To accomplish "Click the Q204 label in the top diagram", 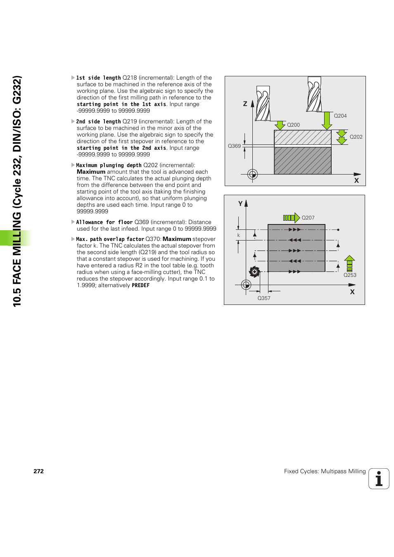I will coord(340,116).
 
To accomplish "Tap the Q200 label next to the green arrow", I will coord(293,125).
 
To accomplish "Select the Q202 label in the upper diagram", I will coord(356,137).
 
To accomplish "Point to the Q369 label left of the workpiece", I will coord(234,146).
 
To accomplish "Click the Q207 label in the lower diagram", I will coord(308,218).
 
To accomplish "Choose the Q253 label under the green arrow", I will coord(350,275).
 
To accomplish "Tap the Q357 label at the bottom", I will coord(264,298).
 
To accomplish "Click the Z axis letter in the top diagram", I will coord(245,104).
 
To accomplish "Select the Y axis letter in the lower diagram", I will coord(240,204).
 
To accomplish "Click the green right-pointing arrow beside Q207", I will coord(291,218).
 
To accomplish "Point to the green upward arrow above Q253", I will coord(349,263).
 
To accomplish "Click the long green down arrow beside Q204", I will coord(327,120).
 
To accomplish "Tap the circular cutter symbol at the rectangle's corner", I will coord(254,271).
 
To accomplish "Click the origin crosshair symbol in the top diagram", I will coord(253,174).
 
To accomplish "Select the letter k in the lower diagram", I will coord(238,235).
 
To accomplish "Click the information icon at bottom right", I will coord(379,479).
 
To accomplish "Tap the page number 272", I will coord(38,471).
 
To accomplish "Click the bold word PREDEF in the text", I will coord(140,286).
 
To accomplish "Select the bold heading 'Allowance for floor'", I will coord(104,222).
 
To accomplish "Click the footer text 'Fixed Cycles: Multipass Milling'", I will coord(325,471).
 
